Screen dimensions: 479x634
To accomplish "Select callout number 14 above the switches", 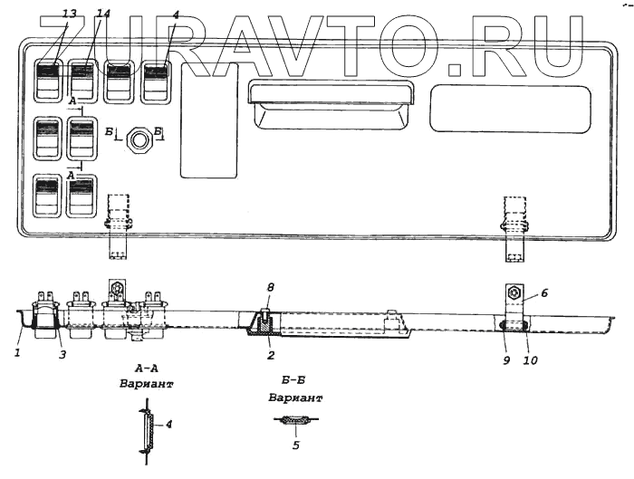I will click(79, 15).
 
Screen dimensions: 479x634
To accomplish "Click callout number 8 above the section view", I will click(268, 288).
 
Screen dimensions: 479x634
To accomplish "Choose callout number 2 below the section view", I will click(269, 357).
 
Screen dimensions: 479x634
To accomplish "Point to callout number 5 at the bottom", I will click(296, 445).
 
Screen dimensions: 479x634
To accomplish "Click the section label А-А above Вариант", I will click(147, 369).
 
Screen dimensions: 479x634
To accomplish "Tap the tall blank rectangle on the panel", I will click(208, 120).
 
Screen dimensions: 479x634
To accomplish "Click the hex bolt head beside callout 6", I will click(512, 294).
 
